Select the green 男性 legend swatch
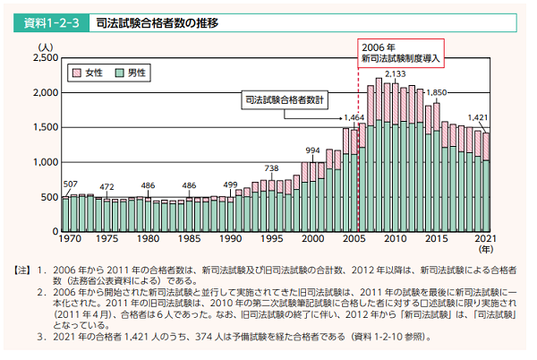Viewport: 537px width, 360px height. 118,71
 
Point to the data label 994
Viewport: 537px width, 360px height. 312,150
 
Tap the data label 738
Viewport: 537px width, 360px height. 271,168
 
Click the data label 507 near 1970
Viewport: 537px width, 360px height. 70,184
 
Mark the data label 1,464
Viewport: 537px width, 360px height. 354,117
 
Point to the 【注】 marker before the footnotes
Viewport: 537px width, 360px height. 20,270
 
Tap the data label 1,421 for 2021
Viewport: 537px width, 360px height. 480,117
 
